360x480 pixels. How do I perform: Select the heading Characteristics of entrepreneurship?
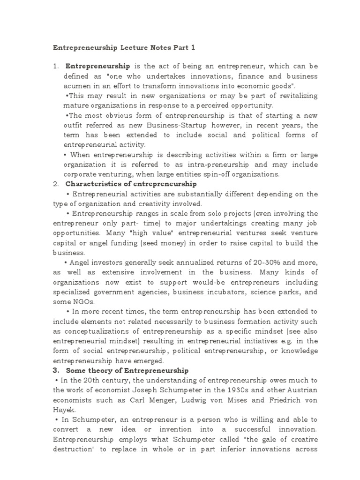(x=131, y=184)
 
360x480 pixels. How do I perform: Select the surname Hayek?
(x=63, y=410)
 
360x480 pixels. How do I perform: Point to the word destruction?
(x=73, y=449)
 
